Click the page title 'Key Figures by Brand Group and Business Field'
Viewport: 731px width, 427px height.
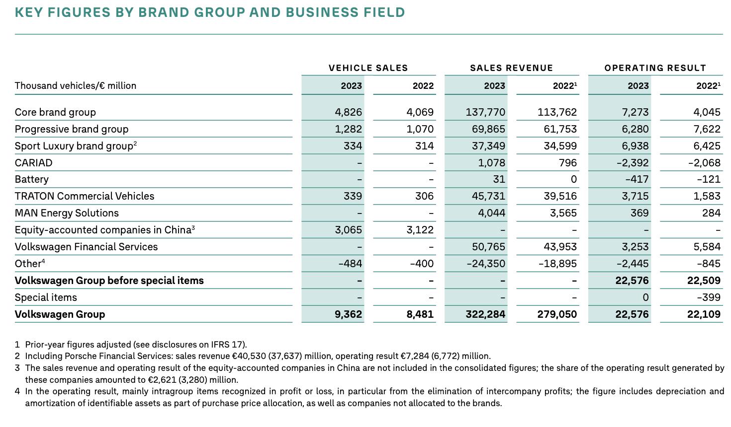(x=210, y=12)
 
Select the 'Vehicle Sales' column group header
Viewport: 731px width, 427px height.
(x=368, y=68)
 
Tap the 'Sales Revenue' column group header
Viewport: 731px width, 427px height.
(x=511, y=68)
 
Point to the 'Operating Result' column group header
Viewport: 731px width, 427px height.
(x=655, y=68)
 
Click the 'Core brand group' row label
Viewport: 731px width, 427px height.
(x=55, y=112)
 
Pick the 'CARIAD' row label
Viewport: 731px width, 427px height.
(x=33, y=163)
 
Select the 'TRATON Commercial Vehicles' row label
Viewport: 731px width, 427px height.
(x=85, y=196)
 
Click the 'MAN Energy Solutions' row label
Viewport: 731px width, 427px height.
(x=67, y=213)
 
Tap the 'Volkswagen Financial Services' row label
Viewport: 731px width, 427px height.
(x=86, y=247)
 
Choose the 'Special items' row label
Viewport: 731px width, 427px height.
(x=46, y=297)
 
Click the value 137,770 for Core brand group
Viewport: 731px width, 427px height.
(x=485, y=112)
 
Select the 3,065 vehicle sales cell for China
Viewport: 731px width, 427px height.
(x=348, y=230)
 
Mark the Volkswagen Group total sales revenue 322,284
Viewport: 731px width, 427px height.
(x=485, y=314)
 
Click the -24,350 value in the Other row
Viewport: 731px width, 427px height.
(x=485, y=264)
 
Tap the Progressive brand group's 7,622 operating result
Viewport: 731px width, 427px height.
(x=707, y=129)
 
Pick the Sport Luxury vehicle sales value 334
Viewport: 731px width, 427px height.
(x=353, y=146)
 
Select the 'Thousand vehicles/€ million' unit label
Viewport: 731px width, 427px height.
(x=76, y=85)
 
